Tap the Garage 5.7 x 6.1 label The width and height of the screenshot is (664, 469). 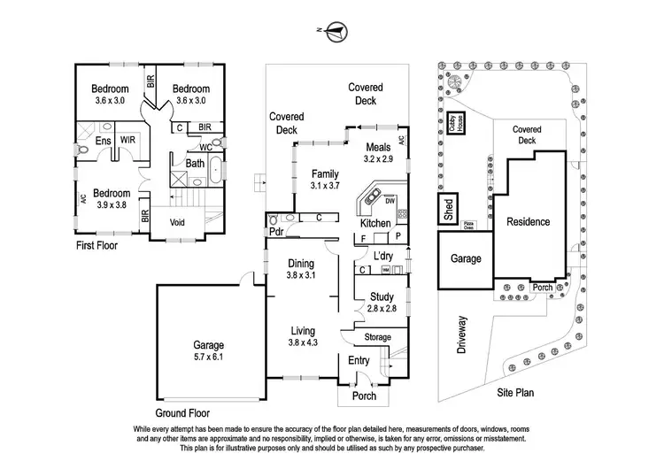coord(209,351)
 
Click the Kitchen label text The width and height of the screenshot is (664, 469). coord(375,224)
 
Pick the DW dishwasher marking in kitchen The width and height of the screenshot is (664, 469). coord(390,202)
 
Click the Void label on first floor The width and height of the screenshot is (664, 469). coord(178,224)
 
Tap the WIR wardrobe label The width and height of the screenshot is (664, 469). coord(127,140)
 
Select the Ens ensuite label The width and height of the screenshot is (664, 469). coord(103,140)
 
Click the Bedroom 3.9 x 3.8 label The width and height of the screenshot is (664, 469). coord(112,198)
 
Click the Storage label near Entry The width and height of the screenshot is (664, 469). coord(378,337)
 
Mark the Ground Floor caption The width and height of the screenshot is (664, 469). coord(186,412)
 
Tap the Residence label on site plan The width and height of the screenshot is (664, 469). coord(528,222)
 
